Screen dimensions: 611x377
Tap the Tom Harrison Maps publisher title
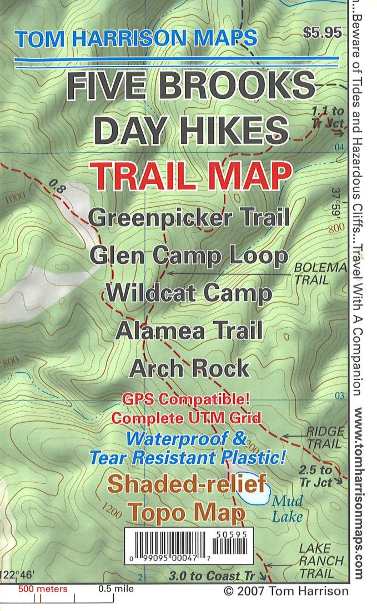[137, 38]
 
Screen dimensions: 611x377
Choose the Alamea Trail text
[189, 331]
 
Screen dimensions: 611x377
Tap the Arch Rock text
[189, 368]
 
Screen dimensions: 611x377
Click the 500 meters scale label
[43, 589]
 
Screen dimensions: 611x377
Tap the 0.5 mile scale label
[115, 589]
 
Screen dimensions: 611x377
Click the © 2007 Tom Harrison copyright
[285, 591]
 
